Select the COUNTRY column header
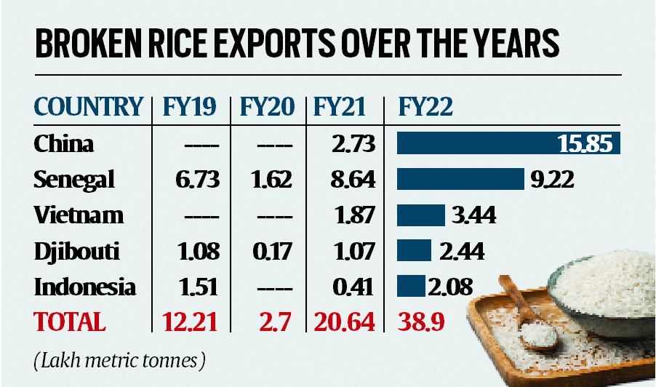pos(89,108)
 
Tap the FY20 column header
pos(263,108)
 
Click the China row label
pos(64,143)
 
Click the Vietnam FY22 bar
pos(420,215)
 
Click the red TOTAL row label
pos(70,322)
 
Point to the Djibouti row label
pos(76,252)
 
